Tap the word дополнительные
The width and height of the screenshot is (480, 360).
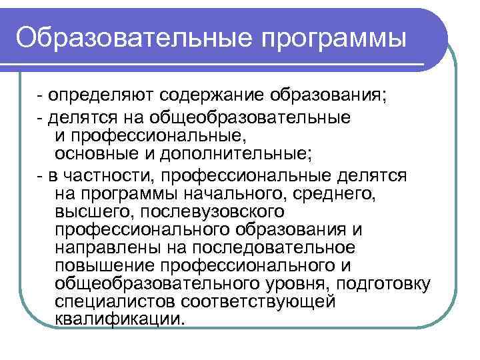coord(239,154)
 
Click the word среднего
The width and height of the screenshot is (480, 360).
coord(333,195)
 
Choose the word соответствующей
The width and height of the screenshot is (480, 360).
coord(257,301)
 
